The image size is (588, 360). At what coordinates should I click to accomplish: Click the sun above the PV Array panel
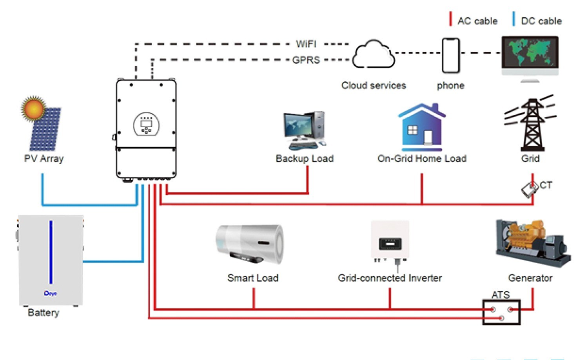pyautogui.click(x=34, y=109)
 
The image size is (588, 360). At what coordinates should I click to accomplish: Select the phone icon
pyautogui.click(x=451, y=55)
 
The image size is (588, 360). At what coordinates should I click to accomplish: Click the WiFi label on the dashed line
pyautogui.click(x=306, y=44)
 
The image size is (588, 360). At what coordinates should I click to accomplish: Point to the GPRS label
pyautogui.click(x=306, y=60)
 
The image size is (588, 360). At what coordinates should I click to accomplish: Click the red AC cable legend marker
pyautogui.click(x=450, y=19)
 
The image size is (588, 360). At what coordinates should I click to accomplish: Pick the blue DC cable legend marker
pyautogui.click(x=514, y=19)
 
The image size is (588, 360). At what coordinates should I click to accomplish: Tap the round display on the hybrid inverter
pyautogui.click(x=147, y=124)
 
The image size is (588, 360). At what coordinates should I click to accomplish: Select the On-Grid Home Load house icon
pyautogui.click(x=422, y=127)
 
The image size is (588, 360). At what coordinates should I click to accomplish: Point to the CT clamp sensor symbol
pyautogui.click(x=529, y=189)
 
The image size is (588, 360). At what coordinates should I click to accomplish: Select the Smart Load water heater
pyautogui.click(x=250, y=244)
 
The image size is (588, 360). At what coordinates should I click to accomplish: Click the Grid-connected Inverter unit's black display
pyautogui.click(x=390, y=244)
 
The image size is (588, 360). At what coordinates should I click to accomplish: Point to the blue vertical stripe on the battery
pyautogui.click(x=51, y=252)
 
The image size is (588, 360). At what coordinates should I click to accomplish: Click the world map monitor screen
pyautogui.click(x=530, y=52)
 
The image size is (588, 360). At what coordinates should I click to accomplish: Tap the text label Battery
pyautogui.click(x=44, y=313)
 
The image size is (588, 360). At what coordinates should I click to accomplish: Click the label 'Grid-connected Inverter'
pyautogui.click(x=390, y=278)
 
